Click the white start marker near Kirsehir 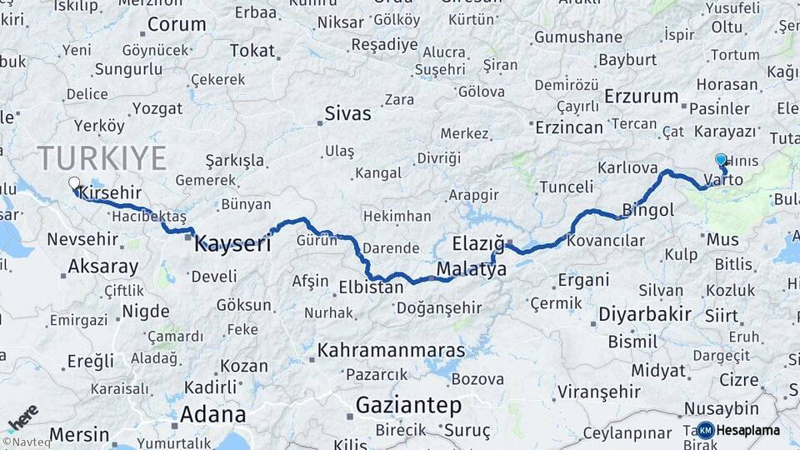[74, 182]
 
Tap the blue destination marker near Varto [721, 158]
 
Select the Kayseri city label [232, 244]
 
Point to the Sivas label [347, 113]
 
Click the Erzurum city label [642, 97]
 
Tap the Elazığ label [478, 243]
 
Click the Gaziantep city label [408, 406]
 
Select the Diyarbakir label [645, 314]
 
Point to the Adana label [212, 414]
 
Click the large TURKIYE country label [102, 157]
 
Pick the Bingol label [648, 210]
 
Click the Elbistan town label [371, 287]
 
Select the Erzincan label [568, 127]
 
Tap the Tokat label [252, 51]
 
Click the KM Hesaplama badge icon [705, 430]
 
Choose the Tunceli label [566, 186]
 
